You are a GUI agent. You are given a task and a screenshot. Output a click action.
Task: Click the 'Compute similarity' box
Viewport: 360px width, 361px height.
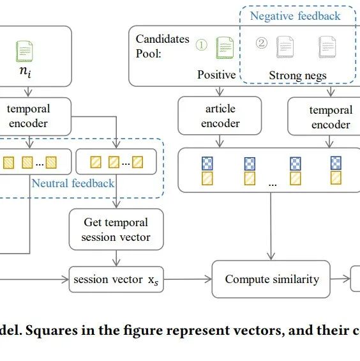(x=271, y=279)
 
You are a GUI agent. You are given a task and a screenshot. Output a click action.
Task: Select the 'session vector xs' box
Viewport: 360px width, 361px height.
(x=116, y=279)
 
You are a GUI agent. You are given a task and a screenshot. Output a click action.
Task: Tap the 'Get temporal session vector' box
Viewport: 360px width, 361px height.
(x=116, y=229)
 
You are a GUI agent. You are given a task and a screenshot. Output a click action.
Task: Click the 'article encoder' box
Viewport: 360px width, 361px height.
(x=220, y=116)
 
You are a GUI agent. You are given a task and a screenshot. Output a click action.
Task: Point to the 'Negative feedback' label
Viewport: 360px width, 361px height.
(x=295, y=16)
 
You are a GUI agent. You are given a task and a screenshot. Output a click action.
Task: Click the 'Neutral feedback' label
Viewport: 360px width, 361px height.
(x=73, y=183)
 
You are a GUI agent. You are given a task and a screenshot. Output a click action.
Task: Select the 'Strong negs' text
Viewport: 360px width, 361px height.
(x=297, y=75)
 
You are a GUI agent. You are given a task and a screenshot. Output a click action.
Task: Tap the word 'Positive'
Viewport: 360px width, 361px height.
(x=216, y=75)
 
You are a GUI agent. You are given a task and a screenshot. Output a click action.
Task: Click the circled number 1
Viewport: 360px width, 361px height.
(x=201, y=45)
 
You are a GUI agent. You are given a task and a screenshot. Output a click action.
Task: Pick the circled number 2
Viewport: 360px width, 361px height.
(x=262, y=43)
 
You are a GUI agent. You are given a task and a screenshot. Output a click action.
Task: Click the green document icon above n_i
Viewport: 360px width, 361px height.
(x=24, y=51)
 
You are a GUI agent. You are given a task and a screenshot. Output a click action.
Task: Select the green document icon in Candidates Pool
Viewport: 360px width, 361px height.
(x=225, y=48)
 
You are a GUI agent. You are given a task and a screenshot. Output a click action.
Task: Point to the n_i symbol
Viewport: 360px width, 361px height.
(x=26, y=71)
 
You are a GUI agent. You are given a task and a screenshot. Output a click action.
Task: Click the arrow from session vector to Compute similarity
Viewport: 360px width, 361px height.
(x=188, y=279)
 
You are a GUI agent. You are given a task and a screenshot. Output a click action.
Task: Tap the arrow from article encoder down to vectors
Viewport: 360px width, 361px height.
(x=220, y=141)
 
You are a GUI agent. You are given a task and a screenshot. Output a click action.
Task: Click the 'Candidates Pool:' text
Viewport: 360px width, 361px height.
(x=162, y=46)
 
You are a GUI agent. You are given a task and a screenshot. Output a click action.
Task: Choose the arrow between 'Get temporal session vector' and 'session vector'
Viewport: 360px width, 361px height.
(x=116, y=258)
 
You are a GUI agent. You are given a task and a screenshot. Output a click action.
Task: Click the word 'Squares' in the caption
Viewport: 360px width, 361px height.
(x=49, y=330)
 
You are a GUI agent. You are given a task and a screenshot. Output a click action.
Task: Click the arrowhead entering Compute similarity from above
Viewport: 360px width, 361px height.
(x=271, y=256)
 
